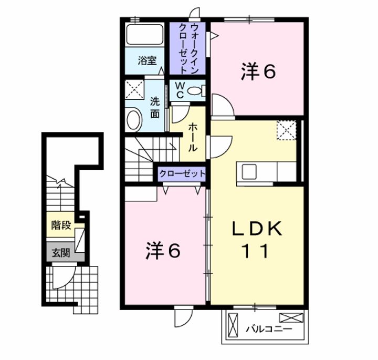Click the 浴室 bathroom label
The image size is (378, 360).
(x=148, y=60)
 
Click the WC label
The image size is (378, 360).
(x=179, y=90)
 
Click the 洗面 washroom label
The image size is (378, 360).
(x=155, y=107)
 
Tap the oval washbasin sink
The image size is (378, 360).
(x=134, y=119)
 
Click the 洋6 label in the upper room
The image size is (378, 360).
(x=258, y=73)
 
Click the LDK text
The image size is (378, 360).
(x=258, y=229)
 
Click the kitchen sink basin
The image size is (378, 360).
(x=249, y=172)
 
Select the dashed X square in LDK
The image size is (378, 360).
(x=287, y=129)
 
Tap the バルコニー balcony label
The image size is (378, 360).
(x=269, y=330)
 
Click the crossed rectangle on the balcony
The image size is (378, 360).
(x=291, y=317)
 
